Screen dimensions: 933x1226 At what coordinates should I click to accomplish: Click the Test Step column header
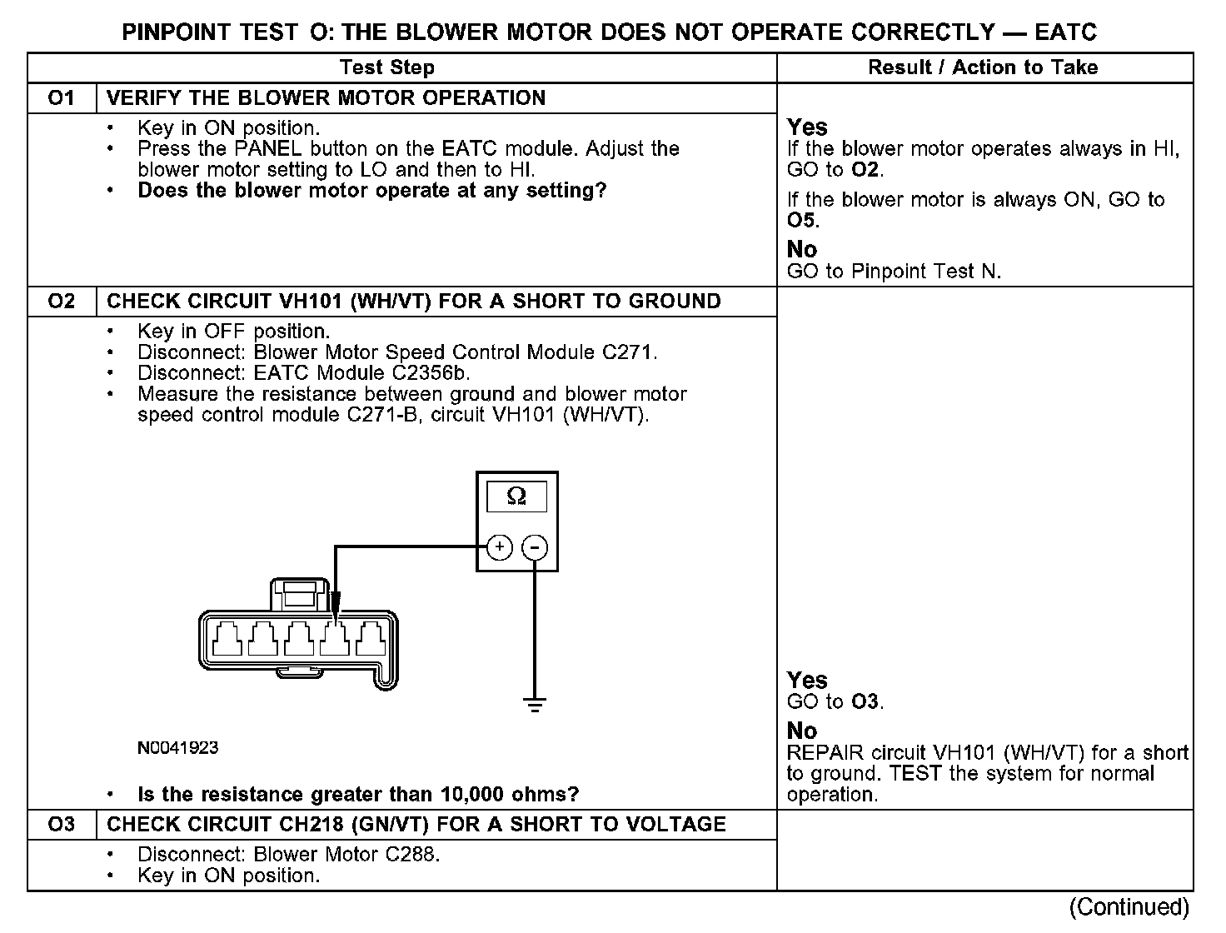point(387,67)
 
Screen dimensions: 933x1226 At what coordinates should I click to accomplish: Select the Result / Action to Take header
point(983,67)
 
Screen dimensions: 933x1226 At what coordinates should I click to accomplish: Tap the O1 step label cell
point(62,98)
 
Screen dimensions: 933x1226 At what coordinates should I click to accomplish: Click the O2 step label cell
point(62,302)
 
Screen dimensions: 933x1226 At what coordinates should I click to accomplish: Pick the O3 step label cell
point(62,825)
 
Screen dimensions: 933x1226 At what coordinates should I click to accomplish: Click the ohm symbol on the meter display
point(516,496)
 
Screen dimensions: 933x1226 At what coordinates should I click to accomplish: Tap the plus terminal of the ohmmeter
point(499,547)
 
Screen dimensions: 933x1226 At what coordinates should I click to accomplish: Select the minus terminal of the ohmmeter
point(535,547)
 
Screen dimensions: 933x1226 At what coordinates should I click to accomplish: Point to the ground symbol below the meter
point(535,705)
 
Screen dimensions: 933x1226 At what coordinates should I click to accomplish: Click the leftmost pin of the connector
point(229,640)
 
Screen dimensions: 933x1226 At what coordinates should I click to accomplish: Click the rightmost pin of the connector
point(370,640)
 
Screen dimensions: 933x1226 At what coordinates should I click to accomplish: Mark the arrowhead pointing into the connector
point(335,604)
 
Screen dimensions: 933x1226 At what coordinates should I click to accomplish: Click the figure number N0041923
point(177,748)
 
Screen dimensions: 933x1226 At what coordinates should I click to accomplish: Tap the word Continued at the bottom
point(1129,906)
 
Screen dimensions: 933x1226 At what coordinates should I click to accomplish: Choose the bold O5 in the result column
point(802,221)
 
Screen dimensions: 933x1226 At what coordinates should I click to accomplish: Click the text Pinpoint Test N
point(924,272)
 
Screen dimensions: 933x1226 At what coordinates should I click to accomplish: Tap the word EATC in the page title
point(1066,32)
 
